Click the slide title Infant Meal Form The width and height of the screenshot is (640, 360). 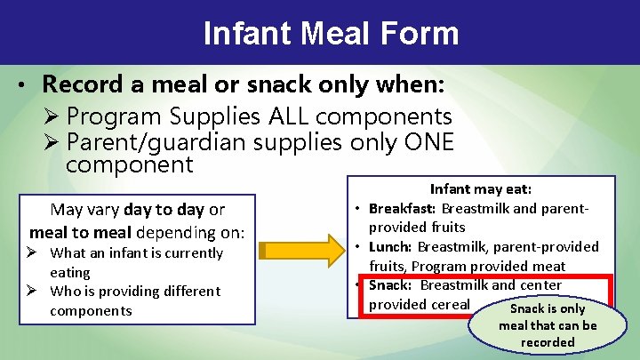331,34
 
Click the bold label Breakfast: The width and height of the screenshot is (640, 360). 403,208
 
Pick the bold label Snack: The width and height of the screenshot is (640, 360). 391,285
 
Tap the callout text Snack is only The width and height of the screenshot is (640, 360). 547,308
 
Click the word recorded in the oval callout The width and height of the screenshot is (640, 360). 548,342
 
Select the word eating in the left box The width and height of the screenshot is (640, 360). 70,272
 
